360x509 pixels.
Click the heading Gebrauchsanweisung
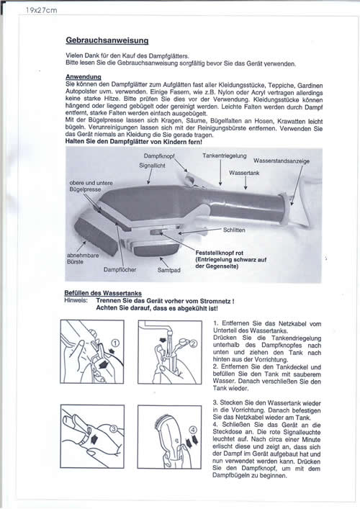[x=107, y=40]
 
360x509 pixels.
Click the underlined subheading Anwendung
[x=84, y=77]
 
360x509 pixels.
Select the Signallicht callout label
[x=152, y=166]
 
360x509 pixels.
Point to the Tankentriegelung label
[x=225, y=156]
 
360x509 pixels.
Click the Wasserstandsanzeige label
[x=282, y=161]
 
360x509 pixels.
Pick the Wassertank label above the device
[x=244, y=173]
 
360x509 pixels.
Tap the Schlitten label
[x=234, y=230]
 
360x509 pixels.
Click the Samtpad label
[x=168, y=270]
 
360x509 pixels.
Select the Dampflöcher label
[x=120, y=269]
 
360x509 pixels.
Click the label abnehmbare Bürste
[x=83, y=258]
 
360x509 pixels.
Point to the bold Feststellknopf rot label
[x=219, y=253]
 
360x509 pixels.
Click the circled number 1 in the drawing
[x=115, y=343]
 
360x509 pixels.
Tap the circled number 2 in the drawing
[x=193, y=343]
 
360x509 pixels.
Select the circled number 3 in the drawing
[x=114, y=428]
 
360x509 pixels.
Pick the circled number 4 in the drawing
[x=193, y=430]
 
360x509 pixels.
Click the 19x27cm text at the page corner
[x=42, y=10]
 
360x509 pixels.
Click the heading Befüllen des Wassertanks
[x=103, y=293]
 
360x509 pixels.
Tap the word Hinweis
[x=76, y=300]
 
